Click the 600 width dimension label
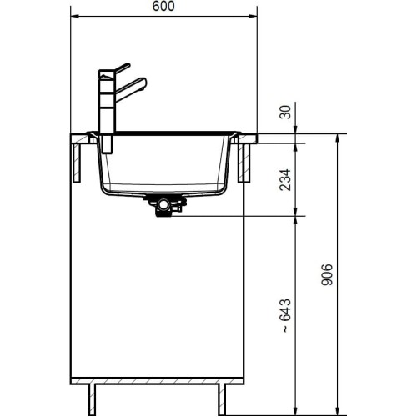[x=163, y=7]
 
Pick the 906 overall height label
[x=327, y=274]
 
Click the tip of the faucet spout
[x=143, y=81]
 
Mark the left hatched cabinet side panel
[x=78, y=163]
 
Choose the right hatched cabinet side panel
[x=247, y=163]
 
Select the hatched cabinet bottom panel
[x=163, y=382]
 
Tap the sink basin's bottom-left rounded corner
[x=107, y=188]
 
